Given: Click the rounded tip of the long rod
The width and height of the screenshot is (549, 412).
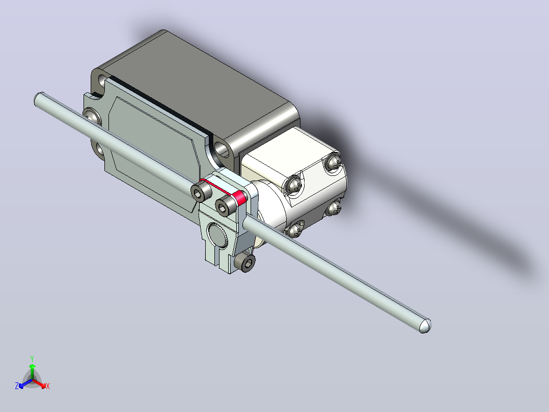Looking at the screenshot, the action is click(x=425, y=326).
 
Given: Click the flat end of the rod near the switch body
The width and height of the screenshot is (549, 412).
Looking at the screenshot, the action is click(x=39, y=99).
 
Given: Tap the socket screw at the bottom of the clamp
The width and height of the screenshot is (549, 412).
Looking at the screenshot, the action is click(x=245, y=262).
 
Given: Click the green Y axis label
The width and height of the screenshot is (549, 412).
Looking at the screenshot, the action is click(x=32, y=358).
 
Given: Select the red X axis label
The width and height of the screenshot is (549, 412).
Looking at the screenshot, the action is click(x=48, y=386).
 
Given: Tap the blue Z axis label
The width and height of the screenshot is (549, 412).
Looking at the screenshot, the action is click(x=17, y=386).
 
